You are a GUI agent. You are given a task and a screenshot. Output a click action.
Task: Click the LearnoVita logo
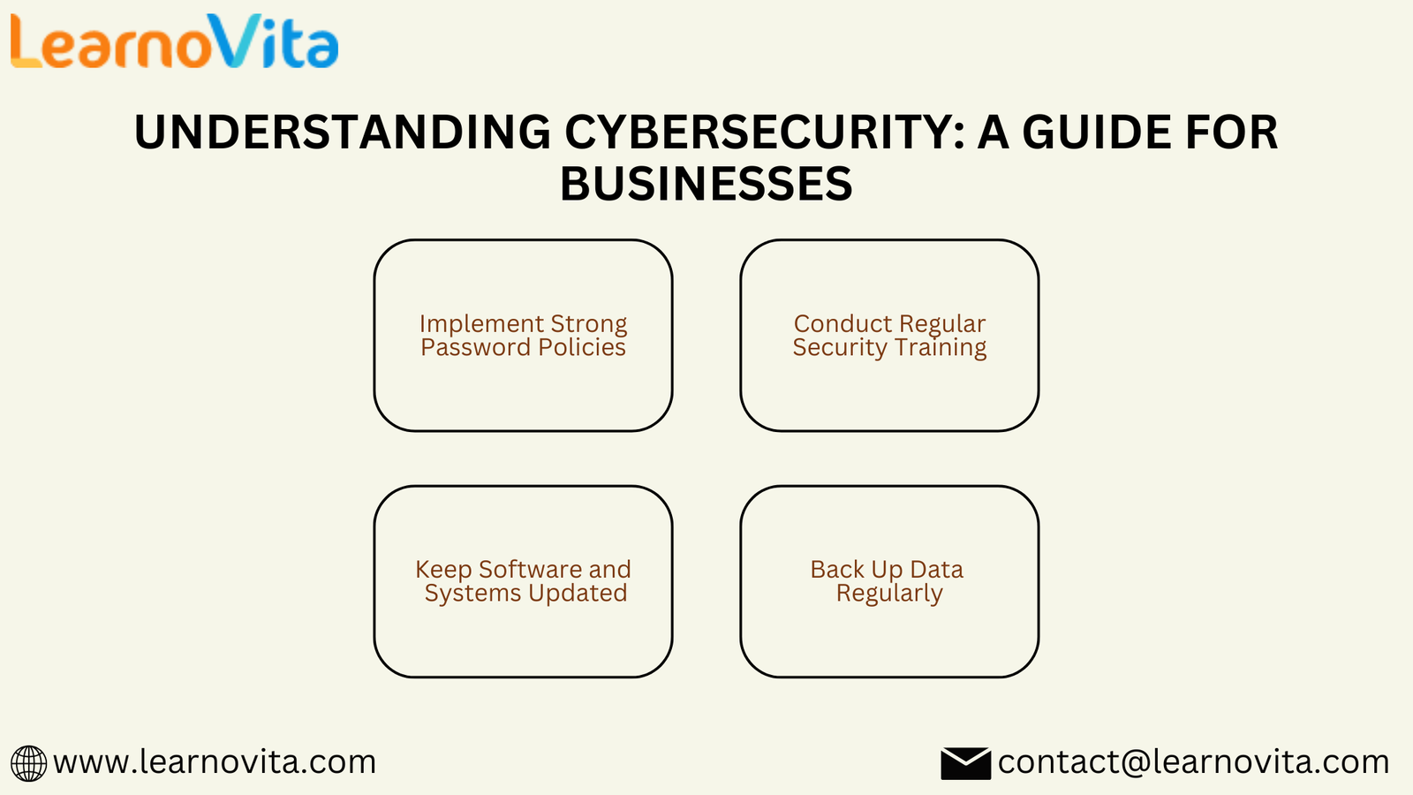175,41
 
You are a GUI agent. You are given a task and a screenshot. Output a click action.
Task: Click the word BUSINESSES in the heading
706,185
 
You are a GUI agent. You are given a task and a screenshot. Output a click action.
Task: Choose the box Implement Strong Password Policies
523,335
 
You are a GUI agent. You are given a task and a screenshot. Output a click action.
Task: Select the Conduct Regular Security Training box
889,335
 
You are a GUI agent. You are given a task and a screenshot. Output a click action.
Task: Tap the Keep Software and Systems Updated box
523,582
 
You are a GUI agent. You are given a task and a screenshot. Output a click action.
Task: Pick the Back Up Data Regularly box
889,582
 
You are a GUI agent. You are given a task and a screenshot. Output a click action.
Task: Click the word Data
936,569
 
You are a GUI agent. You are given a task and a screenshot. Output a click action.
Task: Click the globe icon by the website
28,763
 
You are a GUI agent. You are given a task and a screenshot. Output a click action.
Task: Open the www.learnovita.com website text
215,762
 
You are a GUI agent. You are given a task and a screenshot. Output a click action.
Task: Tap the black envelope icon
966,763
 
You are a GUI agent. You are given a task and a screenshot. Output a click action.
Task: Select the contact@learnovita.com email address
1193,762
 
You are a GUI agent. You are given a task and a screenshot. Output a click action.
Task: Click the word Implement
482,324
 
